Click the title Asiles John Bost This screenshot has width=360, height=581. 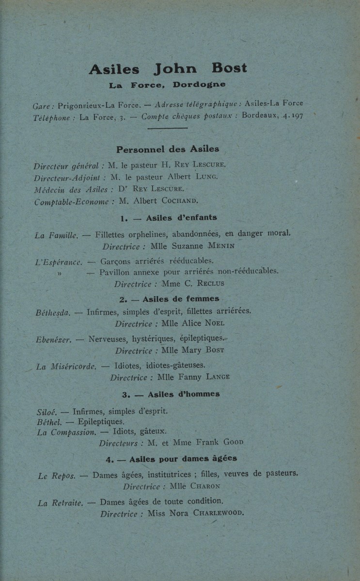pyautogui.click(x=168, y=69)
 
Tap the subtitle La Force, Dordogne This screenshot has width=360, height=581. pyautogui.click(x=167, y=85)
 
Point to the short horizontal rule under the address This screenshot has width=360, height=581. pyautogui.click(x=167, y=128)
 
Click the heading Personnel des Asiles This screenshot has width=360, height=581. pyautogui.click(x=168, y=149)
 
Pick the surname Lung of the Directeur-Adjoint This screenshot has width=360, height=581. pyautogui.click(x=207, y=177)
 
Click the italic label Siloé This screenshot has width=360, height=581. pyautogui.click(x=47, y=413)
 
